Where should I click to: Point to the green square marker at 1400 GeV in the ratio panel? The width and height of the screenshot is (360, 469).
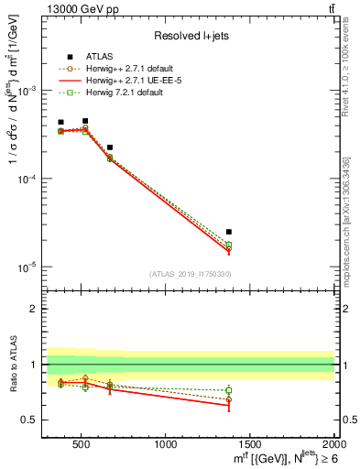point(229,390)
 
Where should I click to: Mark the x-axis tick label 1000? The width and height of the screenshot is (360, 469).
point(166,444)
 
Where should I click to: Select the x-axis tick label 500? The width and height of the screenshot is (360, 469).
point(82,444)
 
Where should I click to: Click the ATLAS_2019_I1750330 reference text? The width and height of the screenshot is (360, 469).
point(190,274)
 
